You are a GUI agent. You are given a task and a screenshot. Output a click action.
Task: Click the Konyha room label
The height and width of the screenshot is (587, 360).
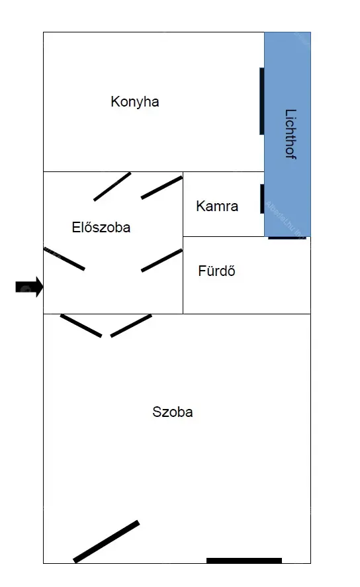pos(135,102)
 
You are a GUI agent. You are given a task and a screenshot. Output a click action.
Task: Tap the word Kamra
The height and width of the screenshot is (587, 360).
pos(217,206)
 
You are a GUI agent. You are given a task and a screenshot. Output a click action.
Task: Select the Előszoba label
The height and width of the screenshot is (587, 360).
pos(101,227)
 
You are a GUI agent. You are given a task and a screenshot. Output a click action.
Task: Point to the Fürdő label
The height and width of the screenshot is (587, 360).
pos(216,271)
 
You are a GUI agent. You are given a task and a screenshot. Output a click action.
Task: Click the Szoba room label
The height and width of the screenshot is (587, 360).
pos(173,412)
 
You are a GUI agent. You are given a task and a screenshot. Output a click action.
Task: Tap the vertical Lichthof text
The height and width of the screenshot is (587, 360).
pos(291,134)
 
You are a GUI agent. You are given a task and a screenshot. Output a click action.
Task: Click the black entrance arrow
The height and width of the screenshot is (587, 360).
pos(29,287)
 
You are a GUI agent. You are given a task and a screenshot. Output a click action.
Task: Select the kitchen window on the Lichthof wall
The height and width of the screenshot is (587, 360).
pos(262,101)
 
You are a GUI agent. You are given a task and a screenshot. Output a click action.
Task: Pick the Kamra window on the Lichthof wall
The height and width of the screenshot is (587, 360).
pos(262,199)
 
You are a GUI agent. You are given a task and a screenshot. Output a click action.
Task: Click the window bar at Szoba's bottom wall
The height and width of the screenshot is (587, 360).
pos(244,561)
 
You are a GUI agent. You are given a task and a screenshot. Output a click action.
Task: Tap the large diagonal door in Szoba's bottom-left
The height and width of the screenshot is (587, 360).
pos(107,541)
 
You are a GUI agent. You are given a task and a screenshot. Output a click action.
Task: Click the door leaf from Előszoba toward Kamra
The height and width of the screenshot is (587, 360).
pos(161,187)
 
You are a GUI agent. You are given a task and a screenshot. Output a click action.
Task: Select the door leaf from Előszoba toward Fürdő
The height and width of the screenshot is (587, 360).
pos(161,260)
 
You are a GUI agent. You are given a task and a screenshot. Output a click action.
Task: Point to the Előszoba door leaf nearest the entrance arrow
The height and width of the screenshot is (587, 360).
pos(64,259)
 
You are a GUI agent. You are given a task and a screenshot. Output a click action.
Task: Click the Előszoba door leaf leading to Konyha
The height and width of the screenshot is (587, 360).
pos(112,187)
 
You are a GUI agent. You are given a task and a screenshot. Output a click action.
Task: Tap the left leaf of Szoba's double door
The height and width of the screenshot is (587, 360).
pos(81,326)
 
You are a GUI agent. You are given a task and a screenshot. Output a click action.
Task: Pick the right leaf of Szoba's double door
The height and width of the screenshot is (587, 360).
pos(131,326)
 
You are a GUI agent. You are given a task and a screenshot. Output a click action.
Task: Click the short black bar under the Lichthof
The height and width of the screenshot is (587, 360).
pos(287,238)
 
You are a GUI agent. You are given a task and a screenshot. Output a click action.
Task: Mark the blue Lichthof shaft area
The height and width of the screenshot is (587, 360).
pos(287,134)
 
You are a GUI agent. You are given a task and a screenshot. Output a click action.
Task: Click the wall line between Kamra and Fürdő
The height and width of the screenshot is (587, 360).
pos(224,237)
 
